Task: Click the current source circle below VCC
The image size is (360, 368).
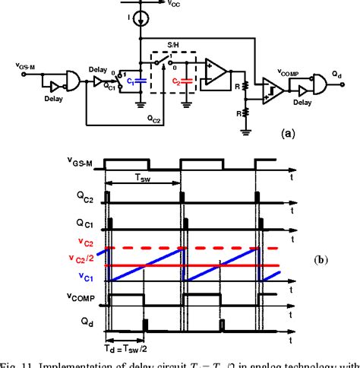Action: (x=140, y=17)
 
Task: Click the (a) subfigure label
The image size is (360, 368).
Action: (x=288, y=132)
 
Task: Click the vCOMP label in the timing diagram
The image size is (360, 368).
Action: (x=82, y=297)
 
